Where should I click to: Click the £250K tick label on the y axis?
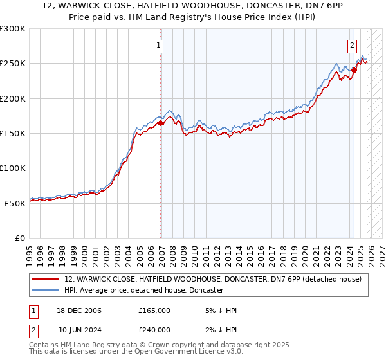click(13, 64)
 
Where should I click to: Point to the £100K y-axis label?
click(13, 168)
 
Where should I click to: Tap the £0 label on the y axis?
click(20, 238)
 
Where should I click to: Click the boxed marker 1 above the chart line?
click(158, 46)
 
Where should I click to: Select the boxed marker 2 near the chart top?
click(353, 46)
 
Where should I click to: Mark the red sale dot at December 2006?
click(161, 123)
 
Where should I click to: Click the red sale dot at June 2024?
click(354, 71)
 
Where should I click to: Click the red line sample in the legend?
click(45, 280)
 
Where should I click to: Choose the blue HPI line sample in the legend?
click(45, 291)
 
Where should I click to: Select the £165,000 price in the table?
click(154, 310)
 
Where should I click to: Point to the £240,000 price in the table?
click(154, 330)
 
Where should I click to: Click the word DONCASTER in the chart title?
click(246, 6)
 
